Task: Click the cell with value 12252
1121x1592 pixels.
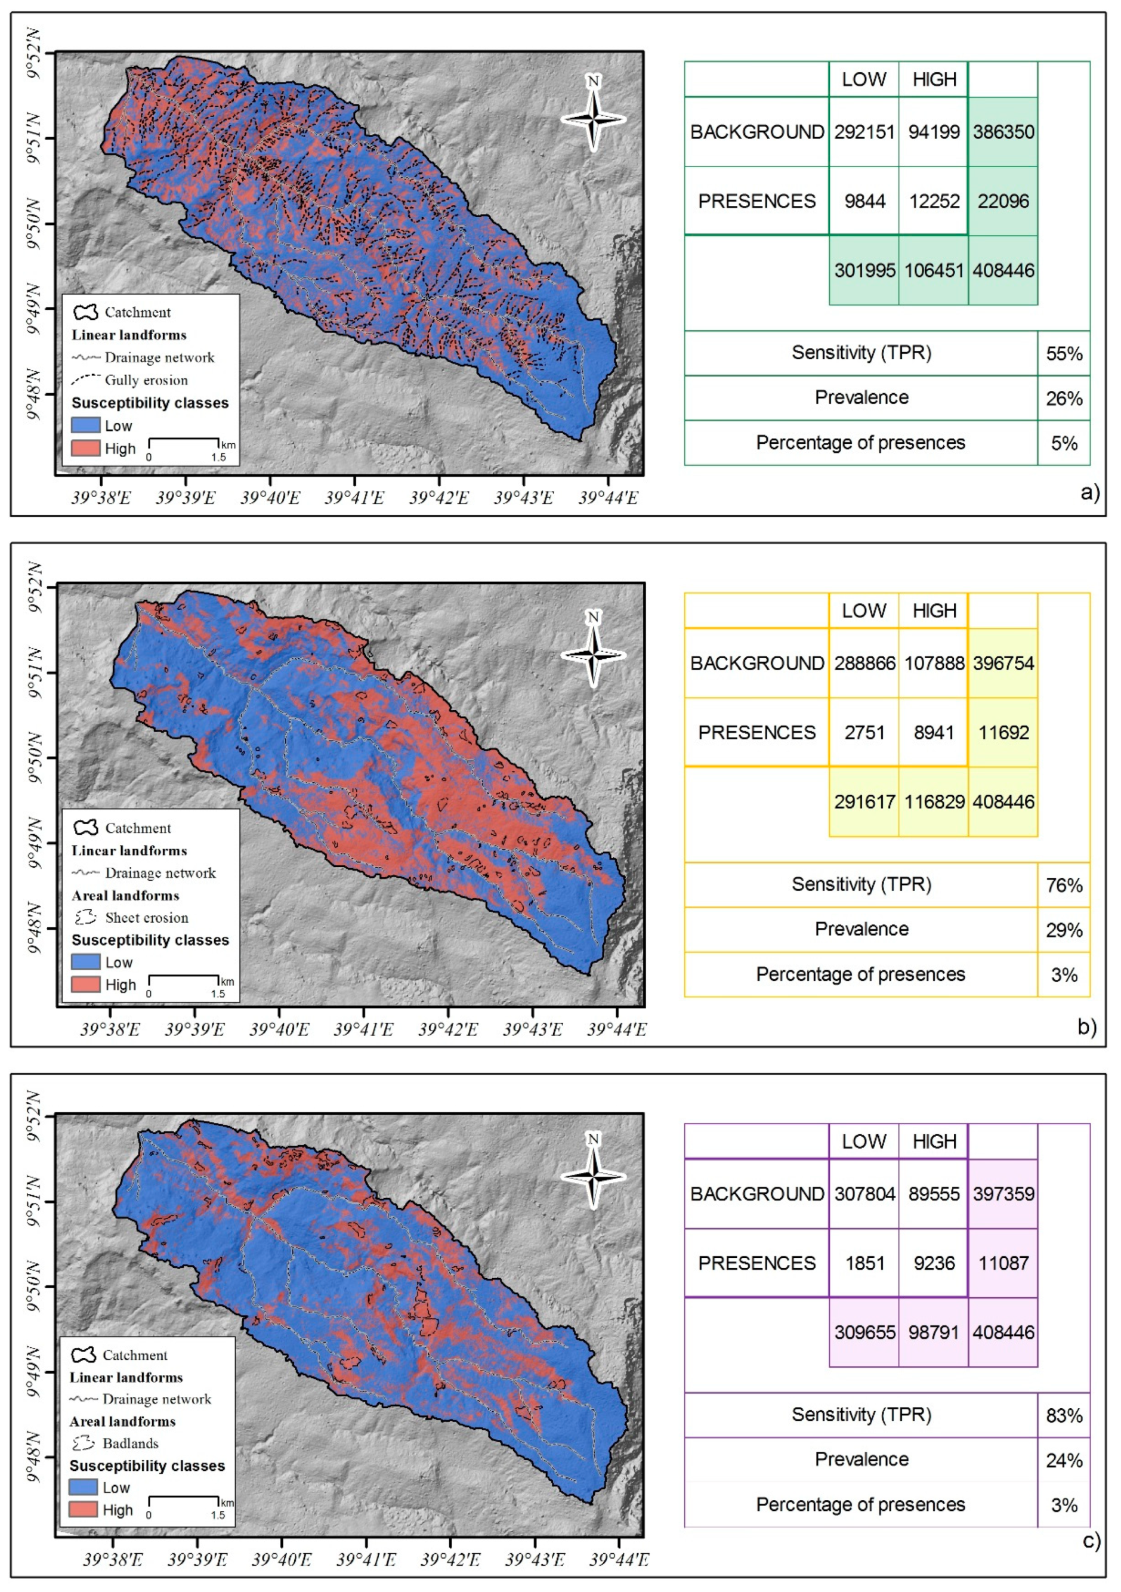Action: pyautogui.click(x=933, y=201)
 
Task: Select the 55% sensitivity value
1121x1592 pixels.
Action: pyautogui.click(x=1064, y=354)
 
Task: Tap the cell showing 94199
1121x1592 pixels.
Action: pyautogui.click(x=933, y=132)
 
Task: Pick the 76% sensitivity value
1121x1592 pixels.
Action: pyautogui.click(x=1064, y=886)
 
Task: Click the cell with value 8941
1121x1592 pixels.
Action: pyautogui.click(x=933, y=733)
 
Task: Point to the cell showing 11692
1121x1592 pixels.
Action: pyautogui.click(x=1002, y=733)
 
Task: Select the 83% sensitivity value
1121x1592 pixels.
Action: pyautogui.click(x=1064, y=1416)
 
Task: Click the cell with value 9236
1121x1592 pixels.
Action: pyautogui.click(x=933, y=1263)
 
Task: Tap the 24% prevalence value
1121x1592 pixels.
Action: pyautogui.click(x=1064, y=1461)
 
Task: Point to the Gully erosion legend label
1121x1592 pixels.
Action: pyautogui.click(x=146, y=380)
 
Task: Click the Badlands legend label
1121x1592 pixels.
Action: pyautogui.click(x=130, y=1443)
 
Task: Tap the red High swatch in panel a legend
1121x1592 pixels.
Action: pyautogui.click(x=85, y=448)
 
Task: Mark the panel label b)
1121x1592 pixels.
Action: pyautogui.click(x=1087, y=1027)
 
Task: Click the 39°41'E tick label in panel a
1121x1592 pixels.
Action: pyautogui.click(x=354, y=497)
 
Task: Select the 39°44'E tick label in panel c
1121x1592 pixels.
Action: pyautogui.click(x=619, y=1560)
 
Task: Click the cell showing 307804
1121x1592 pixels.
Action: pyautogui.click(x=864, y=1194)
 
